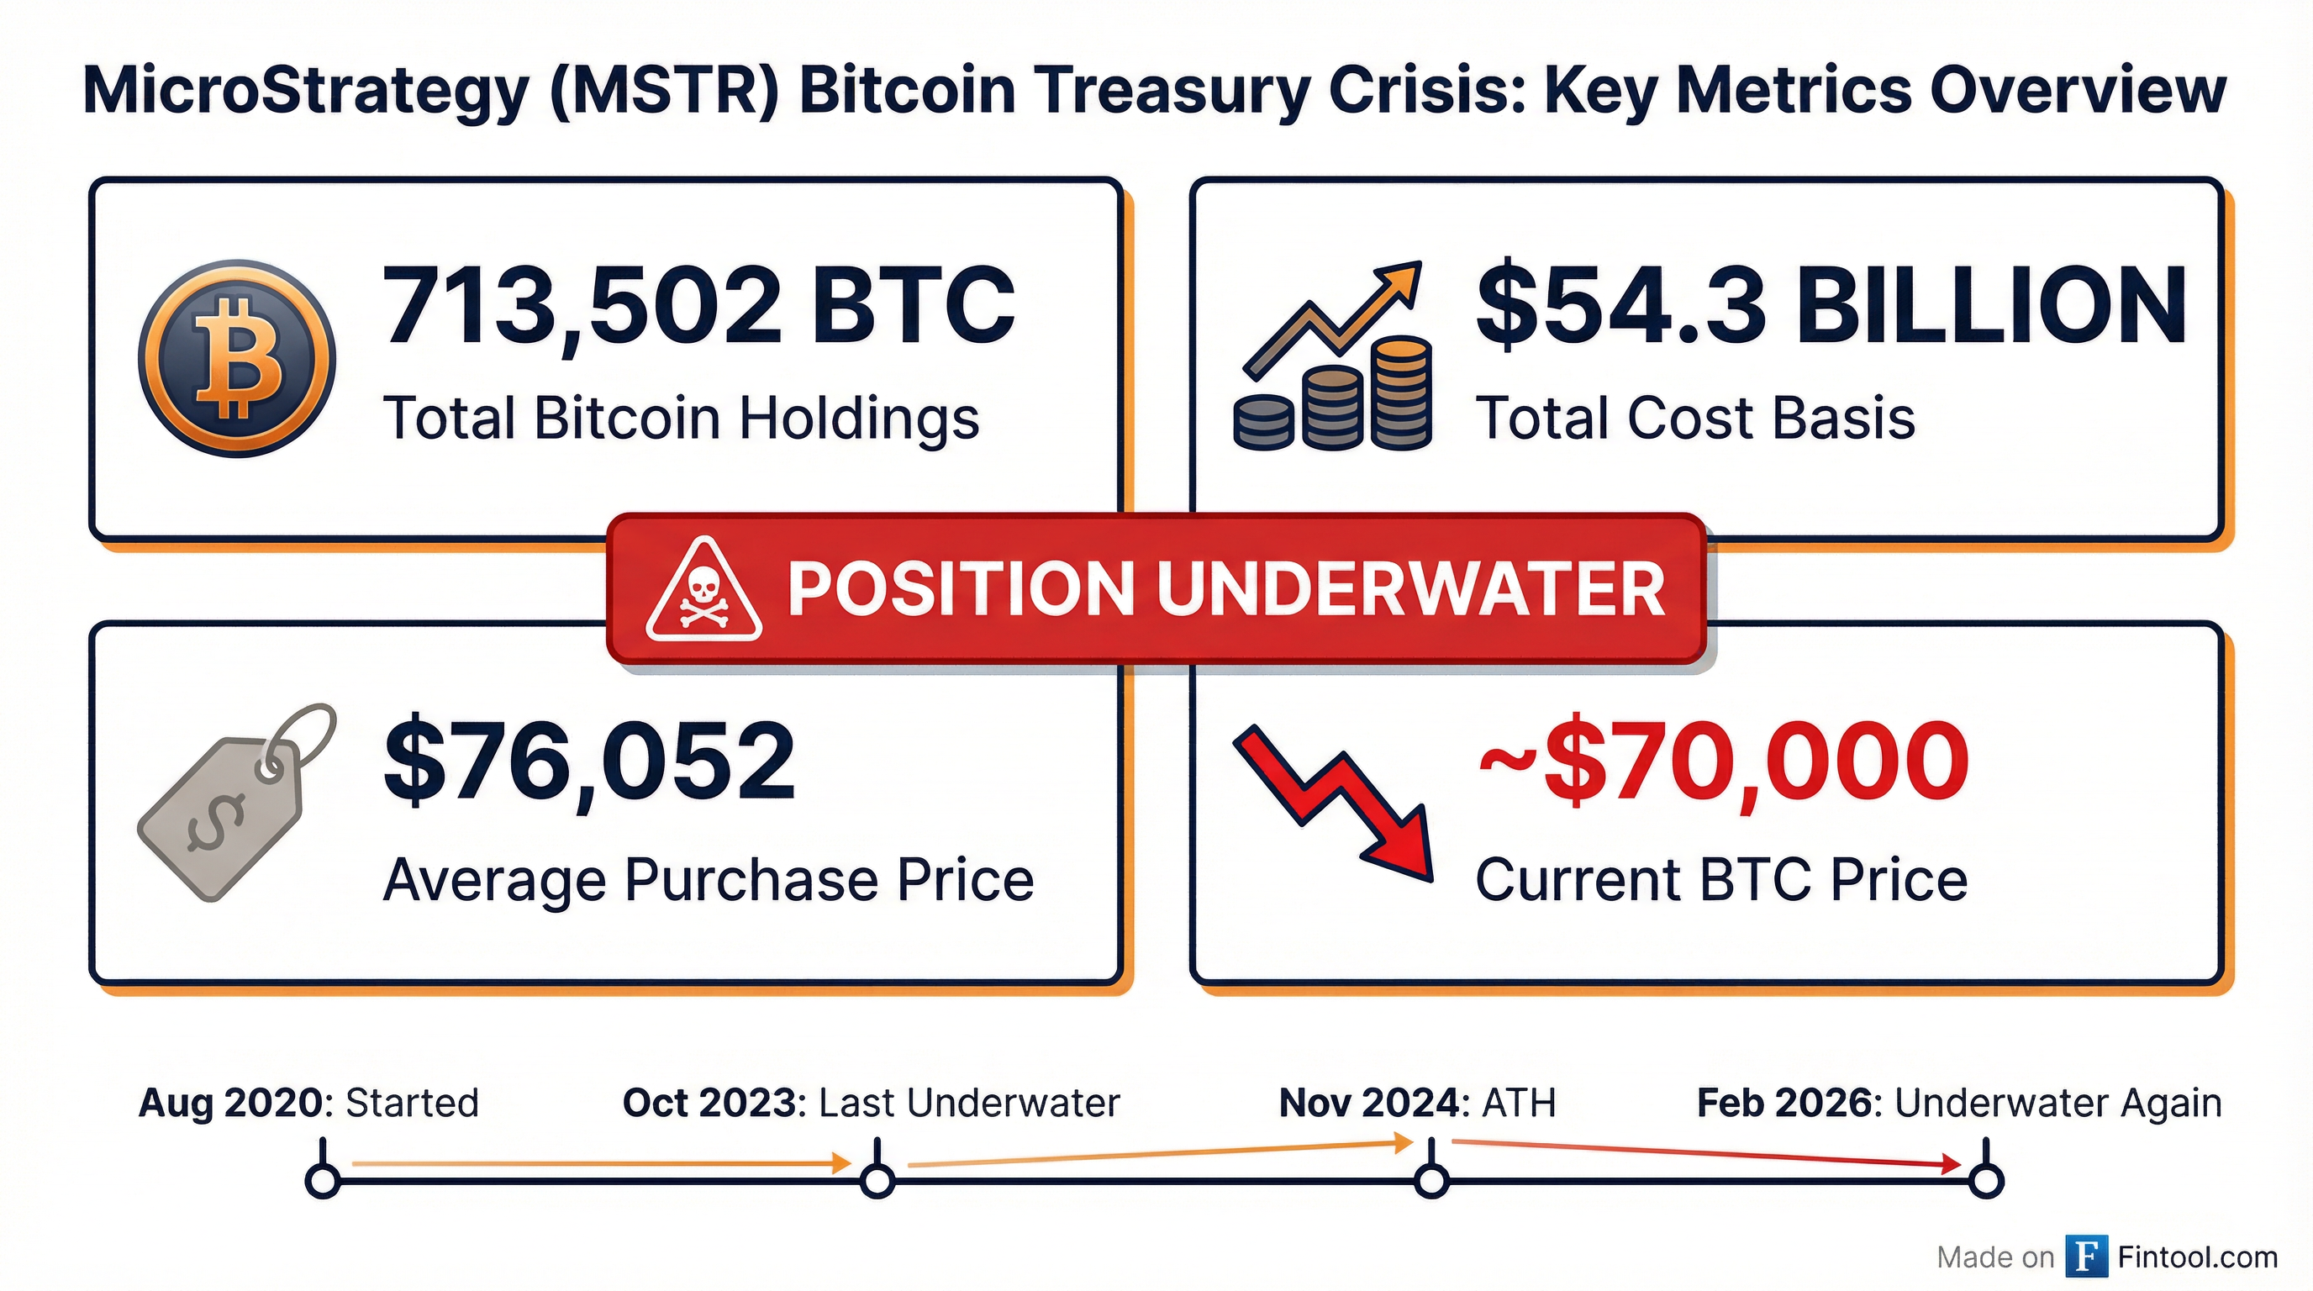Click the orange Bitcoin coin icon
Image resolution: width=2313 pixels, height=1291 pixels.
[x=236, y=358]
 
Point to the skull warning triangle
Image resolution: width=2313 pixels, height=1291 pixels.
[x=703, y=591]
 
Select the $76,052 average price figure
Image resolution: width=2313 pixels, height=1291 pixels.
[x=590, y=762]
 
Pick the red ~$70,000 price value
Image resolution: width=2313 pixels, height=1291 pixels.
[x=1722, y=762]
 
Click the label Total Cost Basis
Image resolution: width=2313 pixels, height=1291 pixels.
[x=1695, y=419]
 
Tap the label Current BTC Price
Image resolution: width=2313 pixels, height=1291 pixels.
[x=1721, y=880]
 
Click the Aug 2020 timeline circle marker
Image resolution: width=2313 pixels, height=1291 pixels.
[x=323, y=1181]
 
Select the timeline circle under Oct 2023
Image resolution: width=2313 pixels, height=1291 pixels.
[x=877, y=1181]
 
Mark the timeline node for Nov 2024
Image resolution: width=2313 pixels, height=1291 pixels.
[x=1431, y=1181]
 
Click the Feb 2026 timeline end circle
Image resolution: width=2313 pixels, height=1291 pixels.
[x=1985, y=1181]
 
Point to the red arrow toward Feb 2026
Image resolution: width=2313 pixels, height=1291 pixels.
[x=1706, y=1154]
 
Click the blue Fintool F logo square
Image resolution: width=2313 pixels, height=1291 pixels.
[x=2086, y=1257]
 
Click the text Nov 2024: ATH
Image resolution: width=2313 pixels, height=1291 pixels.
[x=1417, y=1103]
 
